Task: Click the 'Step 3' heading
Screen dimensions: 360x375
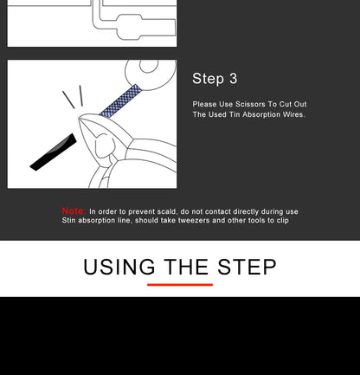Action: pos(215,79)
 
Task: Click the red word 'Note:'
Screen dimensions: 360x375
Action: pos(74,211)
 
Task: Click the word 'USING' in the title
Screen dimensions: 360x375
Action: pos(119,267)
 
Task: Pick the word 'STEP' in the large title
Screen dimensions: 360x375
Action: pos(247,267)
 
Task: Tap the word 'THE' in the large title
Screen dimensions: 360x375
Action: pos(186,267)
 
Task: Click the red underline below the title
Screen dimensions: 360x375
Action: pos(180,285)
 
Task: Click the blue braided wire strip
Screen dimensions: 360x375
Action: pos(120,101)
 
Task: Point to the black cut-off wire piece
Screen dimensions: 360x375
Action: pos(54,152)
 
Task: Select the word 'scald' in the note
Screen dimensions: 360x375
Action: pos(167,211)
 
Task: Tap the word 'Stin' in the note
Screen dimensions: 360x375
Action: pos(68,220)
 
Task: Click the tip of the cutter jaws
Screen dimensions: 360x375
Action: pos(79,118)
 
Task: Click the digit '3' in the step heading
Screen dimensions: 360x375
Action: pos(234,79)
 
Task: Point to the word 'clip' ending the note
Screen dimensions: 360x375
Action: pos(283,220)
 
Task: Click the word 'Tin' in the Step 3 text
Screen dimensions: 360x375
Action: pos(235,114)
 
